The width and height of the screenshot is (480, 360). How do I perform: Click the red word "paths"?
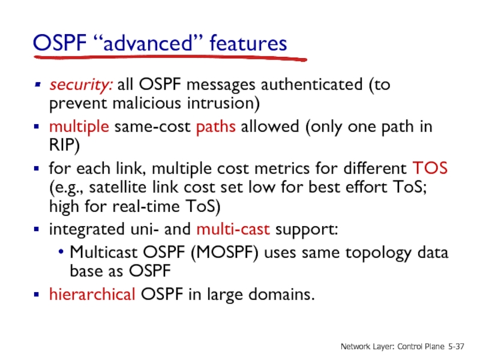(214, 128)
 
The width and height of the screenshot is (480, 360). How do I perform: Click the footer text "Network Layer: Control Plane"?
(394, 347)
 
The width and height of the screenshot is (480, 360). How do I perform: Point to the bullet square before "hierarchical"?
(37, 295)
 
